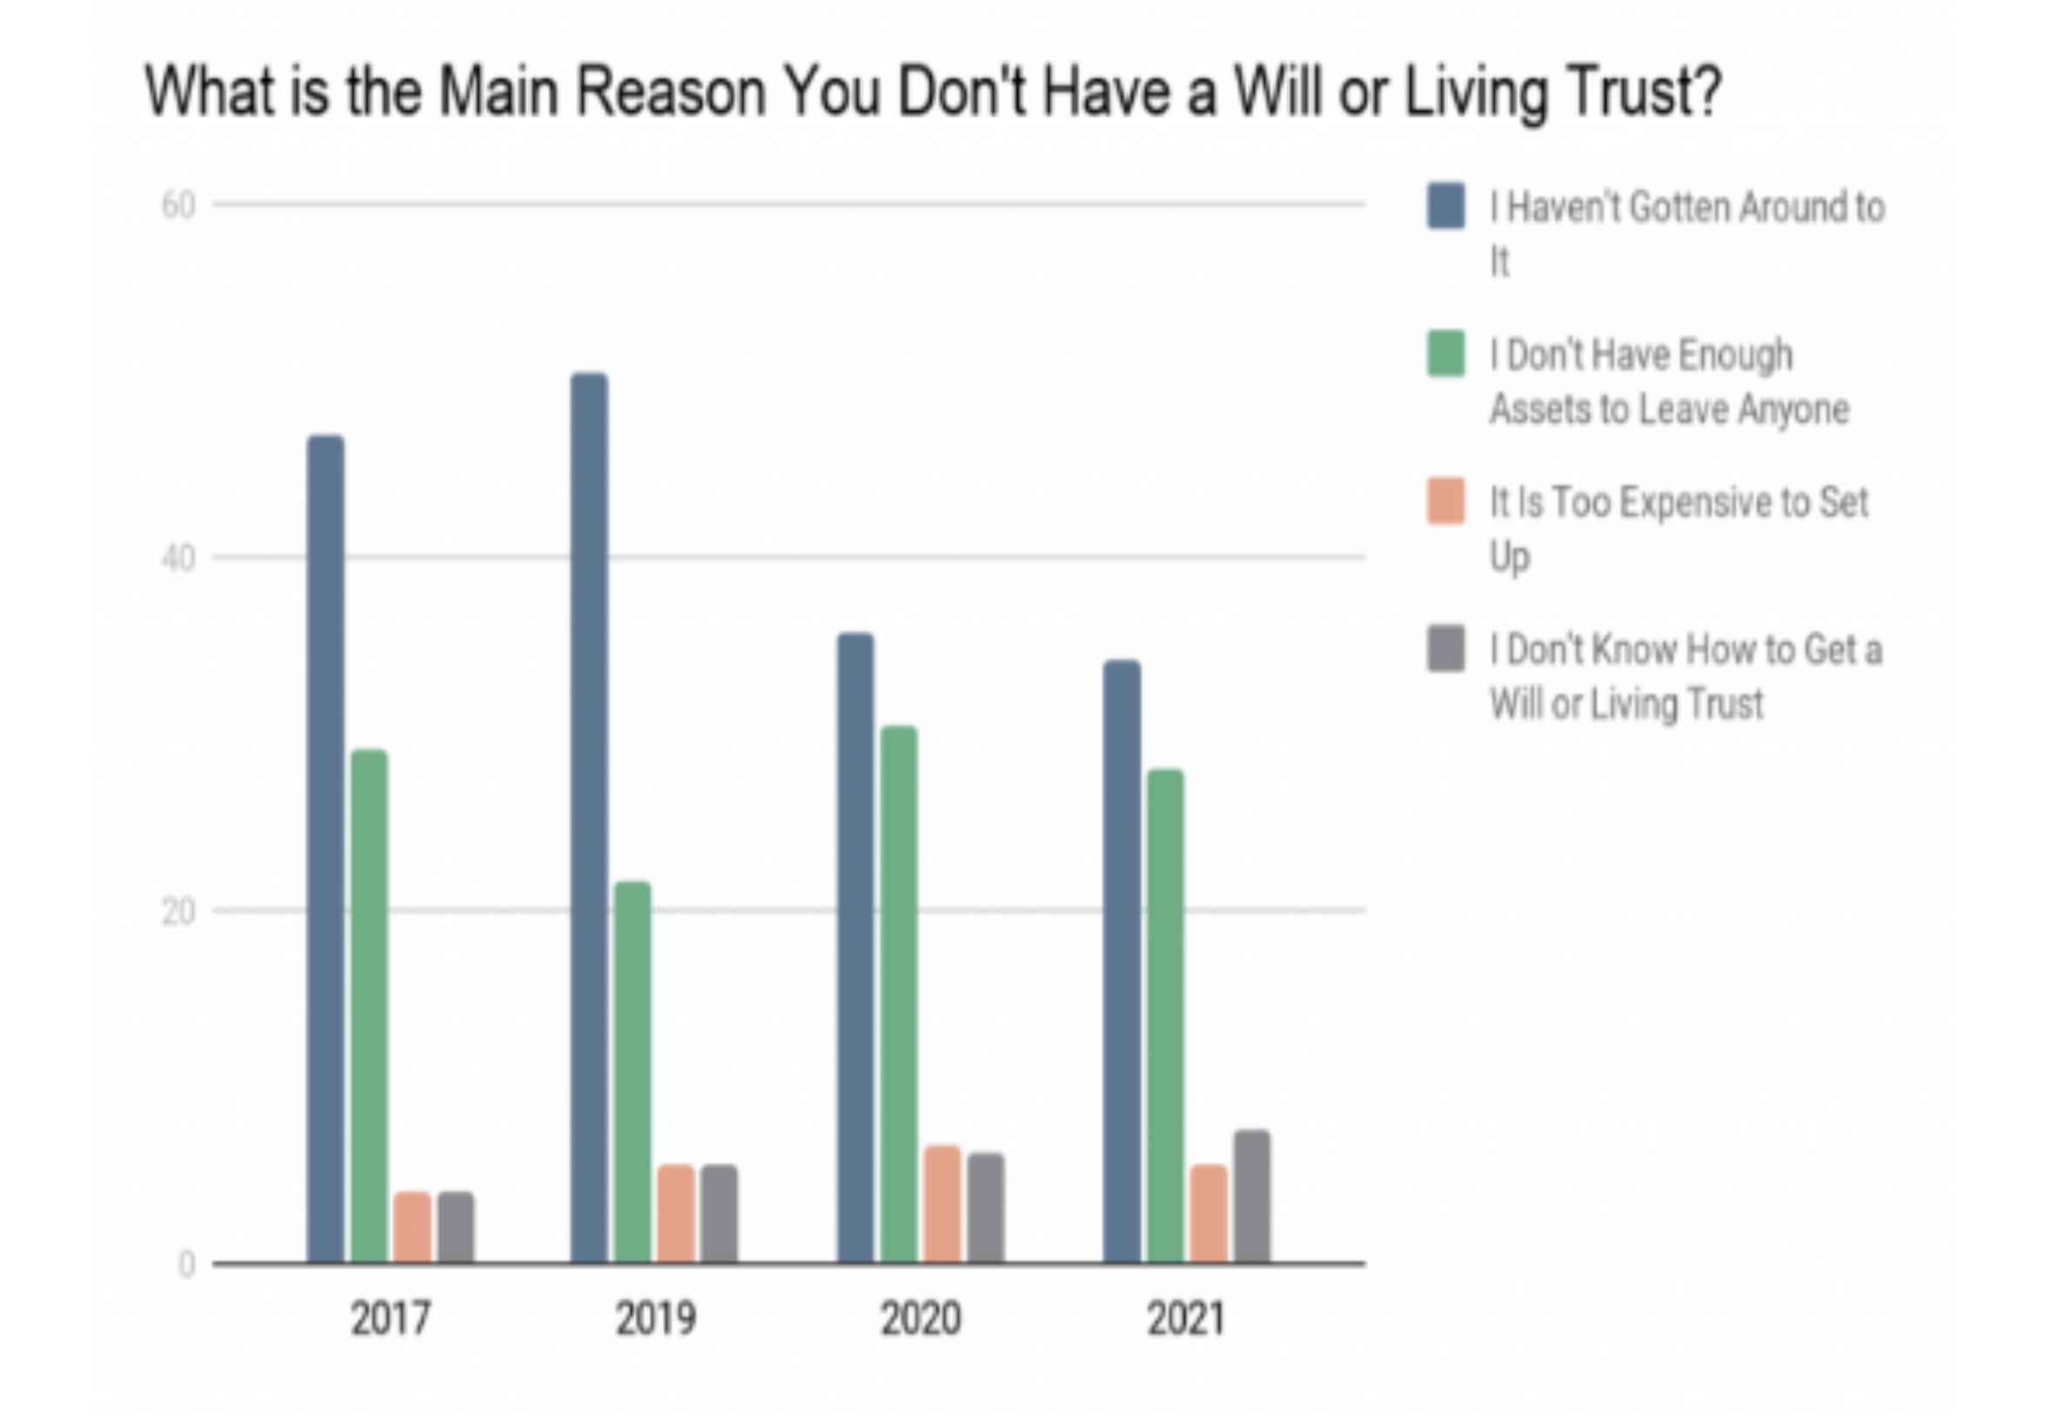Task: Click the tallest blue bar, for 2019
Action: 589,816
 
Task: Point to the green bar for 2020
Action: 898,993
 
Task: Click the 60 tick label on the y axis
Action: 178,206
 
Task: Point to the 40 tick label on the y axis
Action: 178,559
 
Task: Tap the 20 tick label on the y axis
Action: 178,912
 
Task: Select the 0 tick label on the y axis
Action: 186,1265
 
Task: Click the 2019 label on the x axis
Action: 656,1319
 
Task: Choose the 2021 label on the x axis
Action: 1186,1319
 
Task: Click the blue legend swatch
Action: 1445,206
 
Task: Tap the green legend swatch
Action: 1445,353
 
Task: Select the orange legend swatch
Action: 1445,501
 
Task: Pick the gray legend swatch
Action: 1445,649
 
